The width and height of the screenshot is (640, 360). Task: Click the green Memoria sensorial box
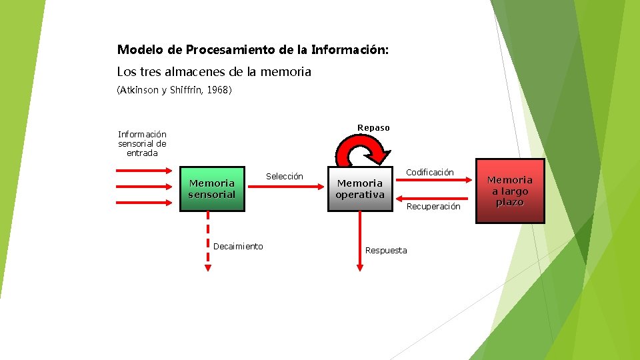[x=212, y=189]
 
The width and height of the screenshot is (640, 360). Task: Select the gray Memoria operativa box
[x=360, y=189]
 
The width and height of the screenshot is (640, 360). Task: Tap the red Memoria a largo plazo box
[x=510, y=191]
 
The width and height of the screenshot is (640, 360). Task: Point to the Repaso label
[x=373, y=127]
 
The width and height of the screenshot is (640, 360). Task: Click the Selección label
[x=285, y=176]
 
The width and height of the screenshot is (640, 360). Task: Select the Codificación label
[x=430, y=172]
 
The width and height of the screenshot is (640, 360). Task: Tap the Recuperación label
[x=433, y=206]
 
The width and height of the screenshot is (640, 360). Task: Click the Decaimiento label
[x=238, y=246]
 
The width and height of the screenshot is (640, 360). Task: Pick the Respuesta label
[x=386, y=250]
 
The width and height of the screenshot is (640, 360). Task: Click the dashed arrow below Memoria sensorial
[x=208, y=240]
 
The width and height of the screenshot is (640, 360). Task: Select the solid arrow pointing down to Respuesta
[x=360, y=240]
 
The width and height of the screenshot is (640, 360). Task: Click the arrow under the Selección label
[x=285, y=187]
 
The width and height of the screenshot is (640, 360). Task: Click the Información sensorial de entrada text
[x=142, y=143]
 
